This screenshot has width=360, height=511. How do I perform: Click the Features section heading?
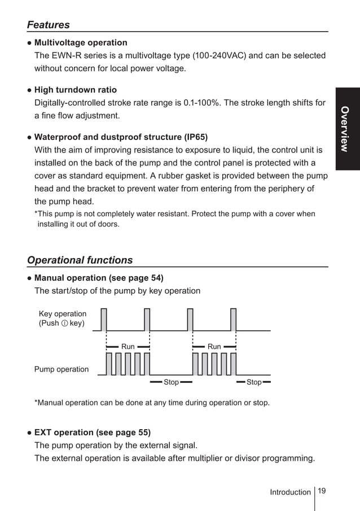point(49,25)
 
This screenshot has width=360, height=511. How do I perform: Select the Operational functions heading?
point(80,260)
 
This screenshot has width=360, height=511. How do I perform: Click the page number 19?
point(322,491)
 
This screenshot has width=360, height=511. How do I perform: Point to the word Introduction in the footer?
point(290,492)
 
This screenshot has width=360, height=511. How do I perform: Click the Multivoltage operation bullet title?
point(81,42)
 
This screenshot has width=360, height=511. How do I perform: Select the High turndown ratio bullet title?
point(76,89)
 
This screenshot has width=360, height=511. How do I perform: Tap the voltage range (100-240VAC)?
point(220,56)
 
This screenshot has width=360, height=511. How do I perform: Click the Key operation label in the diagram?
point(63,314)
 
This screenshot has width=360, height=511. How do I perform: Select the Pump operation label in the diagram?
point(62,369)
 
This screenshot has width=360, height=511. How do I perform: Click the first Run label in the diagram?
point(128,347)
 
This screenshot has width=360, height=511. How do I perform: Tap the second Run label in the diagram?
point(214,347)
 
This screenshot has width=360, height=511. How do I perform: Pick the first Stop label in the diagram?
point(171,382)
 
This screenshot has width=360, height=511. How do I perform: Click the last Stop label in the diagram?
point(254,382)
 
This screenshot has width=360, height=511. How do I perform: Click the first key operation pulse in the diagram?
point(104,319)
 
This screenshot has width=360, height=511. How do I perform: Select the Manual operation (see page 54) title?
point(99,278)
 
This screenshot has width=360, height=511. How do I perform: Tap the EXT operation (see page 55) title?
point(93,433)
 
